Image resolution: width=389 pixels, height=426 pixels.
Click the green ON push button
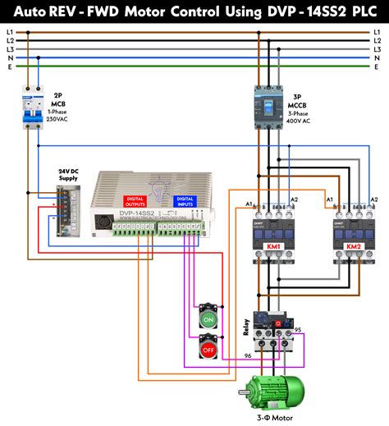[x=208, y=318]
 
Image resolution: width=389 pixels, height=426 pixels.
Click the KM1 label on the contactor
[x=274, y=247]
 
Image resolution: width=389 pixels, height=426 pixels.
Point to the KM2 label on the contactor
[x=354, y=247]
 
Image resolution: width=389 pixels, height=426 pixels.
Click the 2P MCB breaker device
[x=34, y=110]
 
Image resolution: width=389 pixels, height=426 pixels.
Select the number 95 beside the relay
[x=298, y=330]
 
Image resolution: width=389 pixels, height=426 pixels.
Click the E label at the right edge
[x=377, y=67]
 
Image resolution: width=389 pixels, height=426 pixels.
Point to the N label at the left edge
[x=10, y=58]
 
